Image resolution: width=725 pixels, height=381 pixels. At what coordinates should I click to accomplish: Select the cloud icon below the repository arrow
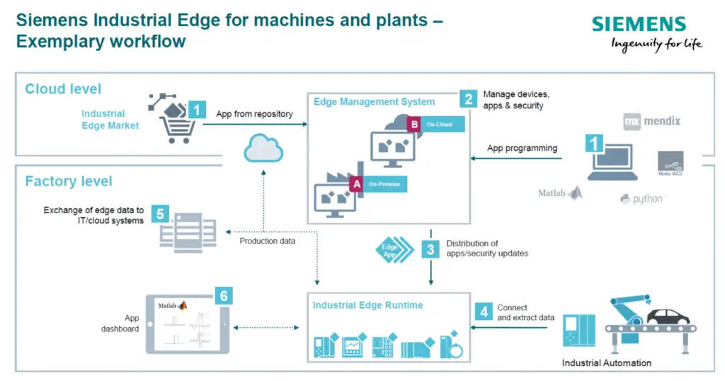(263, 149)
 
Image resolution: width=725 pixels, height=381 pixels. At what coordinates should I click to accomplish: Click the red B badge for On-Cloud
(414, 125)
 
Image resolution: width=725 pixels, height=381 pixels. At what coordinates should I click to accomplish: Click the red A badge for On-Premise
(357, 184)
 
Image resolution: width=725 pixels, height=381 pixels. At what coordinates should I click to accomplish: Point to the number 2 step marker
(467, 98)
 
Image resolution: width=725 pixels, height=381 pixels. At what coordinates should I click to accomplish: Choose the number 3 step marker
(430, 249)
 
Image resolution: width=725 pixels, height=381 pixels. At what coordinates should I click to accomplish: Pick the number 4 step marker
(484, 312)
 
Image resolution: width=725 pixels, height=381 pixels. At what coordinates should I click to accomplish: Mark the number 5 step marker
(160, 213)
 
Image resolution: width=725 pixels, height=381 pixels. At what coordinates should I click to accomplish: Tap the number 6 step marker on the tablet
(224, 295)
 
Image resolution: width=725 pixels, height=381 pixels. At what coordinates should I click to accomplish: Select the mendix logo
(651, 121)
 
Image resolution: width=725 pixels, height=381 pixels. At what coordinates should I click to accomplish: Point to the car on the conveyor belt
(669, 315)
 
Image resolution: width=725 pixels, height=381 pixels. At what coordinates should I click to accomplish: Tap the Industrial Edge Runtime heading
(367, 305)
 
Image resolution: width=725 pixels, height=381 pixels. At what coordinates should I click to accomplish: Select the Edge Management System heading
(374, 102)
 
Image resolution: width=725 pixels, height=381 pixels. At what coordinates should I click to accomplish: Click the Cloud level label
(63, 89)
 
